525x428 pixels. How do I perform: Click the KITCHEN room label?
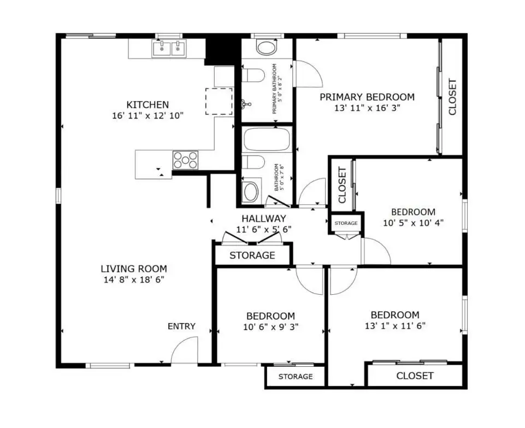(x=148, y=105)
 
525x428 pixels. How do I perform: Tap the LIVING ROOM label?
(x=134, y=269)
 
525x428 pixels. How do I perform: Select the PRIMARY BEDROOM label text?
(x=367, y=97)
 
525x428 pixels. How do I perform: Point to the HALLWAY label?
(x=264, y=218)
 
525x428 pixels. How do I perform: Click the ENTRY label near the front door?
(x=181, y=326)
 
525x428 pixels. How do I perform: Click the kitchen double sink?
(x=169, y=48)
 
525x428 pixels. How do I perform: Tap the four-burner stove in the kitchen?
(x=186, y=160)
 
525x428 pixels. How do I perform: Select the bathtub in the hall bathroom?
(x=267, y=139)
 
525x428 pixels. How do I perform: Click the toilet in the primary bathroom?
(x=253, y=75)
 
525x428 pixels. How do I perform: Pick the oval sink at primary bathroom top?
(x=267, y=47)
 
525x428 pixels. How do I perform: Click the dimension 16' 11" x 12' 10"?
(x=148, y=116)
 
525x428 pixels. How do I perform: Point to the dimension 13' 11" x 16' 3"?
(x=367, y=108)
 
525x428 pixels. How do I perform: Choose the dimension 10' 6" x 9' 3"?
(x=270, y=327)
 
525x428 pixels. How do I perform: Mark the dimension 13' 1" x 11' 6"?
(x=395, y=325)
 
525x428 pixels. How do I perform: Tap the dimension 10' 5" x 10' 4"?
(x=413, y=223)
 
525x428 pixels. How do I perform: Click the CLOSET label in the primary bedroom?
(x=452, y=97)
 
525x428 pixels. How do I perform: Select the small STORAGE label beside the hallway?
(x=346, y=223)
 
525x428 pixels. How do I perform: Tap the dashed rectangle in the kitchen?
(x=219, y=102)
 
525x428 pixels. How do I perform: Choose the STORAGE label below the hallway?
(x=252, y=255)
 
